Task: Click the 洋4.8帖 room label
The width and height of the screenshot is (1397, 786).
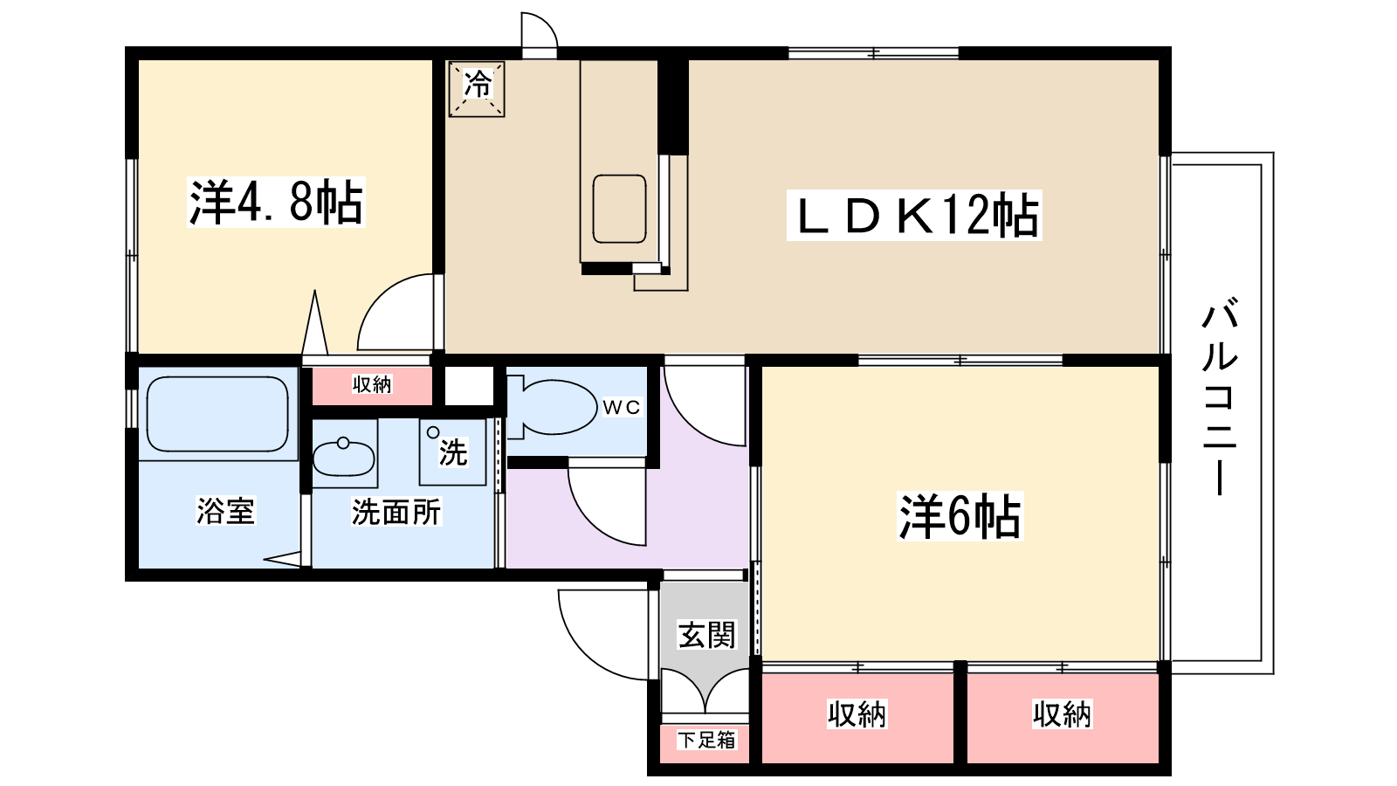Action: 276,203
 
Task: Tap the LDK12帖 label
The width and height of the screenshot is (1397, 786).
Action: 914,216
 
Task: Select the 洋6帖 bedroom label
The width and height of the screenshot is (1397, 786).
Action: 960,516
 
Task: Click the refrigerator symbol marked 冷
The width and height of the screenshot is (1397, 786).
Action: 477,87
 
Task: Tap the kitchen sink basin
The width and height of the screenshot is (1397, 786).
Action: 619,209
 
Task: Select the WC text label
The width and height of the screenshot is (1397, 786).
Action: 622,407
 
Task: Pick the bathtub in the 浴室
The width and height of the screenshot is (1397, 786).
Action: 217,413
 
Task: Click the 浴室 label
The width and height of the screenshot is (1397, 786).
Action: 225,511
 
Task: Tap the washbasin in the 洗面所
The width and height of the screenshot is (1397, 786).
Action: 344,456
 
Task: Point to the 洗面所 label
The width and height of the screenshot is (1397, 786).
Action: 396,513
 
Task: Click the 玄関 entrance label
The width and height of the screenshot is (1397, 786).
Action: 707,635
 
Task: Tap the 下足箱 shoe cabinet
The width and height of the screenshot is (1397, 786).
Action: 707,741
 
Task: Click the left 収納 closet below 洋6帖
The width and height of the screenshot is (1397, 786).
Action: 857,715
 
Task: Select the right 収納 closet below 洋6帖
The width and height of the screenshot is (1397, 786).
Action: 1063,715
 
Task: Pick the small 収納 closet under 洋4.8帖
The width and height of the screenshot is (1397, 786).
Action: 372,385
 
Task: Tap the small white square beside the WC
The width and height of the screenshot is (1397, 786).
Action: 470,385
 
